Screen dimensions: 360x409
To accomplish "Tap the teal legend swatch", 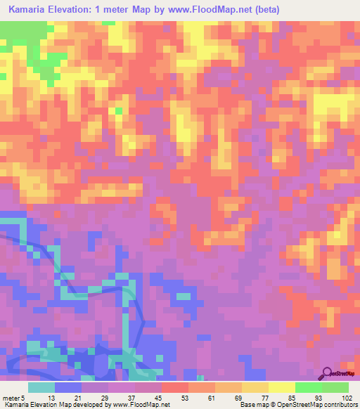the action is [x=41, y=387].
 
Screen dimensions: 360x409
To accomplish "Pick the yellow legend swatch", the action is [x=282, y=387].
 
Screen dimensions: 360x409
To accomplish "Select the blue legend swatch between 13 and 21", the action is [x=68, y=387].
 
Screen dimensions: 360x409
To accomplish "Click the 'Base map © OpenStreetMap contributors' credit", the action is [x=298, y=405].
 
